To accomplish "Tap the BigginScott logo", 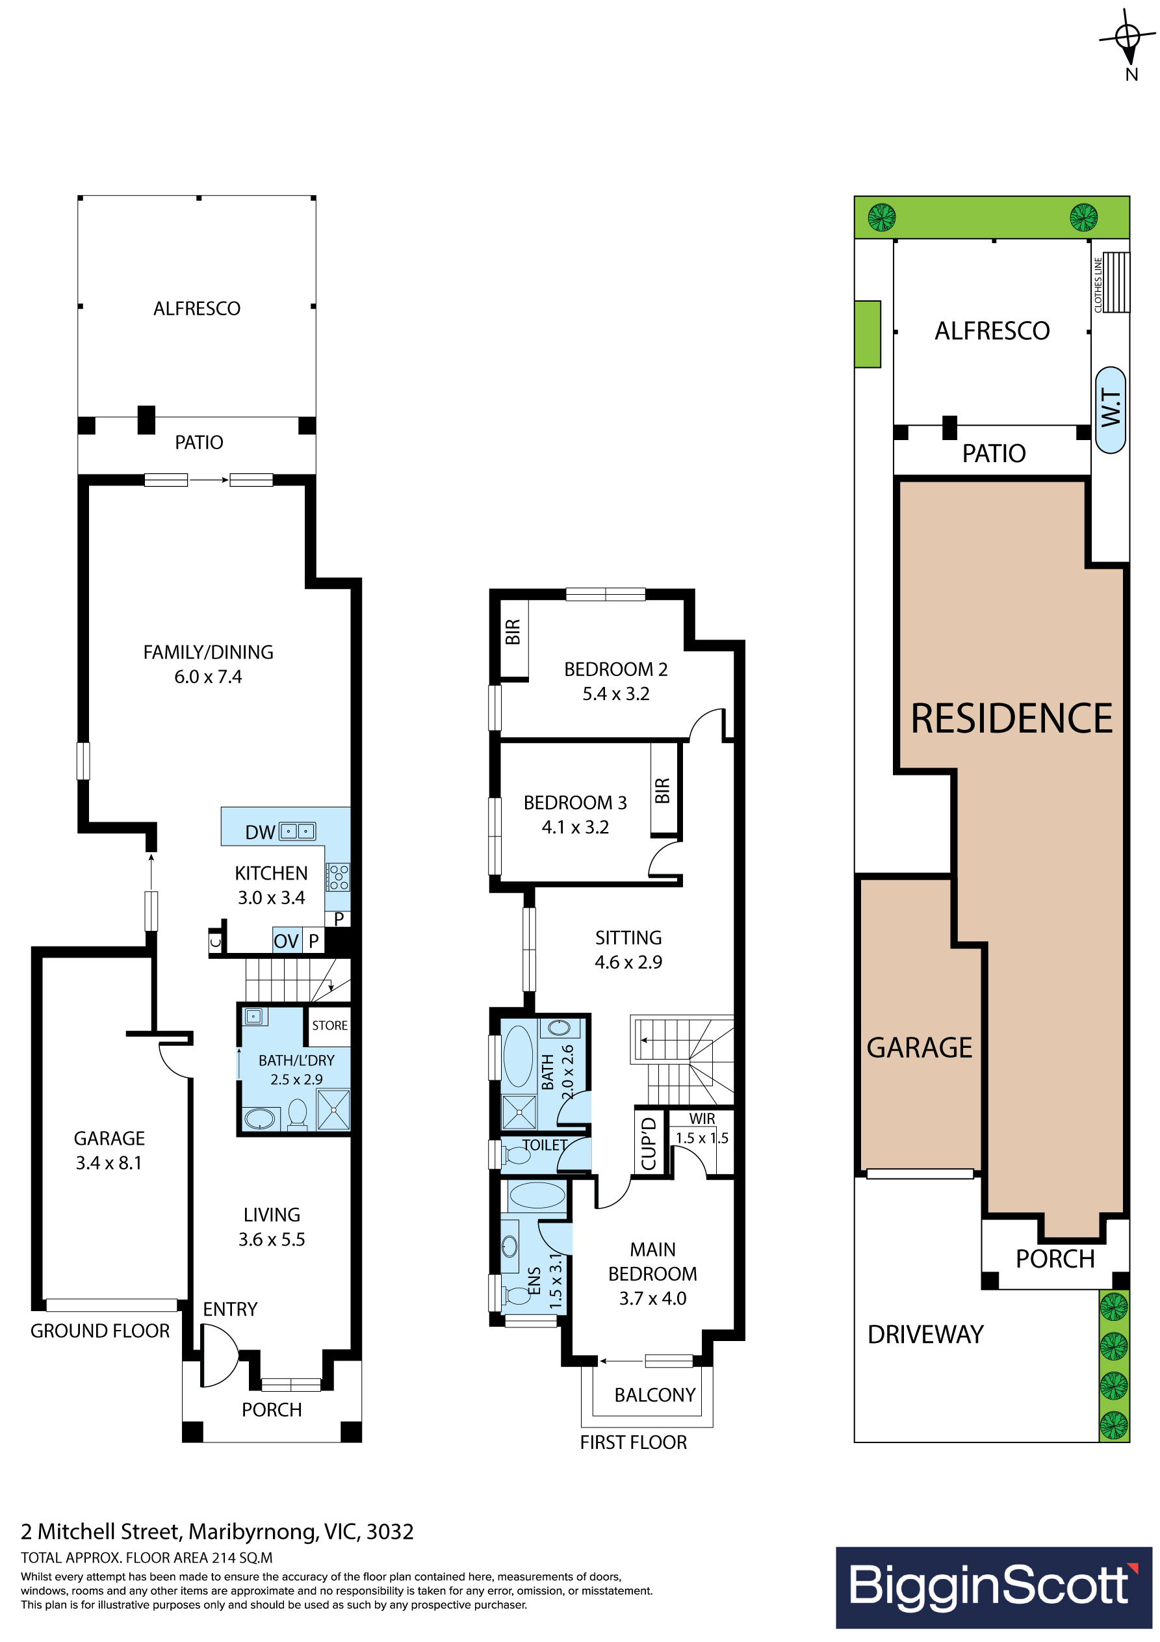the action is point(994,1587).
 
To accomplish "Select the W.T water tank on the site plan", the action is point(1111,410).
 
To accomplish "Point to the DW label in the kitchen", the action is point(259,833).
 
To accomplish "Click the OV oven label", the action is point(286,941).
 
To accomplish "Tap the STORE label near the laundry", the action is point(329,1026).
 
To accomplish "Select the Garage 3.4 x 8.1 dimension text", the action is point(109,1163).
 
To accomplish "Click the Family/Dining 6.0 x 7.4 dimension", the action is point(208,677).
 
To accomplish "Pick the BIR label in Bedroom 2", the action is point(513,632).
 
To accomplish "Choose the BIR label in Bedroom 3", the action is point(662,791).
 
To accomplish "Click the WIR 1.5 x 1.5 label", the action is point(702,1129).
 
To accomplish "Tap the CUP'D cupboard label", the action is point(649,1143).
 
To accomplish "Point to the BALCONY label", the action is point(655,1394).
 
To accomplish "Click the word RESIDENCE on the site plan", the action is point(1011,718).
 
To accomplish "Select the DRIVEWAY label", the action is point(925,1335).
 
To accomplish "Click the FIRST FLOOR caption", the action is point(633,1442).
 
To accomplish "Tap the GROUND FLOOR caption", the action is point(100,1331).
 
